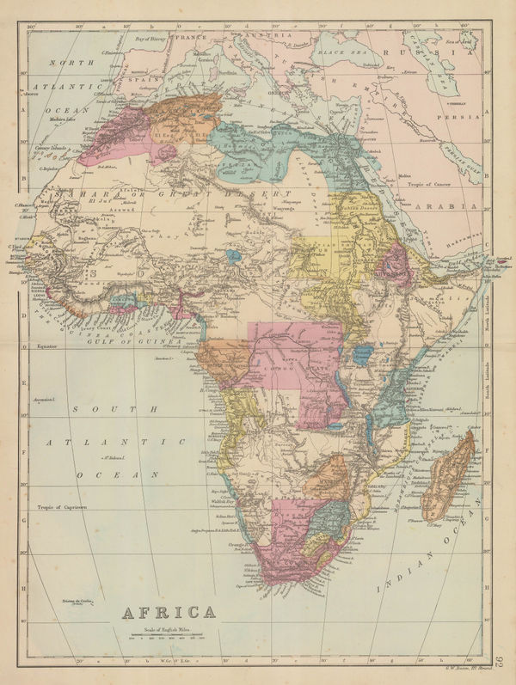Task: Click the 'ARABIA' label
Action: tap(445, 208)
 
